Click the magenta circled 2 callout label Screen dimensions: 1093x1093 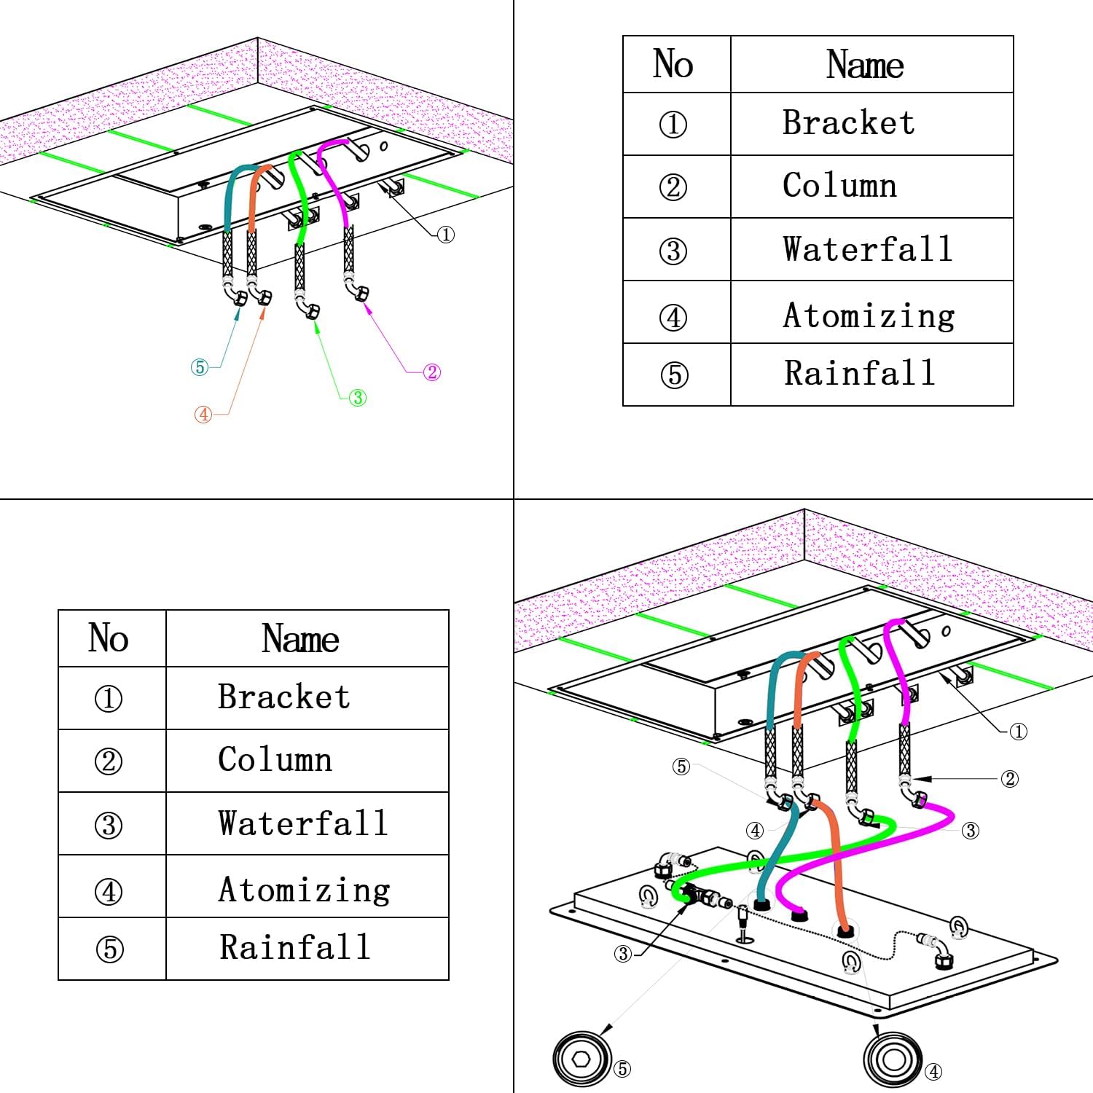coord(432,372)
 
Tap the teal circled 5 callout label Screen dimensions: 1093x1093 coord(200,367)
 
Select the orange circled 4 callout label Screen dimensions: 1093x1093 coord(203,415)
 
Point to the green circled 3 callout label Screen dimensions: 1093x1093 coord(358,398)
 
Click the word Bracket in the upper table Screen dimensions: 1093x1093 coord(848,123)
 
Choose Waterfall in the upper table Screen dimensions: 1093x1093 coord(867,249)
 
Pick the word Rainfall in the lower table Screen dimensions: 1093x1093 coord(295,947)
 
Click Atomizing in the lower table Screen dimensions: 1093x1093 coord(304,889)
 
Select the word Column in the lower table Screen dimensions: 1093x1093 coord(275,760)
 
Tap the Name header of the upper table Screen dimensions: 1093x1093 coord(865,65)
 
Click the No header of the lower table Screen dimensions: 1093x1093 coord(109,638)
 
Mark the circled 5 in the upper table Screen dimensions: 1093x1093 coord(674,375)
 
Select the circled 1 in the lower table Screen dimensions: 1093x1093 coord(109,698)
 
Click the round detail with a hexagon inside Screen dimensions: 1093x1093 coord(581,1059)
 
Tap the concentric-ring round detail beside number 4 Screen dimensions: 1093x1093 coord(893,1059)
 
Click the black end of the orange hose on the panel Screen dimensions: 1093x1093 coord(845,931)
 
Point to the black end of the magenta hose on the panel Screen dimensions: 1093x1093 coord(799,914)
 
